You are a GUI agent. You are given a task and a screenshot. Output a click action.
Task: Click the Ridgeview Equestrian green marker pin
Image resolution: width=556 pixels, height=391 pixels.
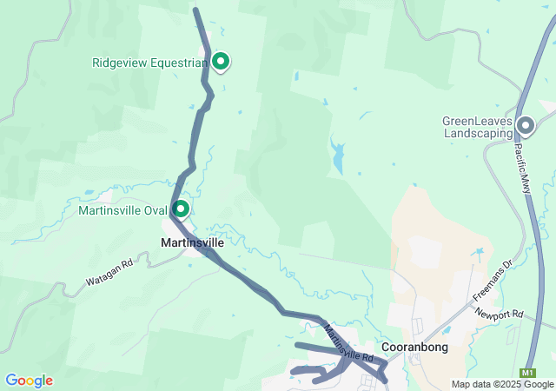[x=221, y=62]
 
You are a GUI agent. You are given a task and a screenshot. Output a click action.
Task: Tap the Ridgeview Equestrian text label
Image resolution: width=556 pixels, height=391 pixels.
[x=149, y=63]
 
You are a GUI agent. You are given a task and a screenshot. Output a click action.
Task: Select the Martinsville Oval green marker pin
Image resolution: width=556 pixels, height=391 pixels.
[x=182, y=209]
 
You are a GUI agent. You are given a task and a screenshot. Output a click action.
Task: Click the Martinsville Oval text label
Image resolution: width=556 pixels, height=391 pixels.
[x=122, y=210]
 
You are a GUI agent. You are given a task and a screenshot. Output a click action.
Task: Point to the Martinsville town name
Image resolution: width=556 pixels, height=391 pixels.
[x=193, y=242]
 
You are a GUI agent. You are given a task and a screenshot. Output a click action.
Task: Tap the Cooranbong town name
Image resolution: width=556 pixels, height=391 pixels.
[x=414, y=348]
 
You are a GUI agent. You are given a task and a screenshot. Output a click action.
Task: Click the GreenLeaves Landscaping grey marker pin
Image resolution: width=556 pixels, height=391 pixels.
[x=526, y=127]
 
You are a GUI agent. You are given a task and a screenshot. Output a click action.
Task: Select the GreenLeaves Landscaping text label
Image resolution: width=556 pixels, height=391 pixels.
[x=478, y=128]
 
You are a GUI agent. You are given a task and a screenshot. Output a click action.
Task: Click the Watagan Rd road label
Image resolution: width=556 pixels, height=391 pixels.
[x=109, y=271]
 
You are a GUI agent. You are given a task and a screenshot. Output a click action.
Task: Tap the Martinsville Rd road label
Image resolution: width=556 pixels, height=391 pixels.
[x=348, y=343]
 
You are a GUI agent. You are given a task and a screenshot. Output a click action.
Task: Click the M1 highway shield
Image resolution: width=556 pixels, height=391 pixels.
[x=529, y=372]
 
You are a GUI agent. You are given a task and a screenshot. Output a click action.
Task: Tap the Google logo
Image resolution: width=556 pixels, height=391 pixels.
[x=29, y=381]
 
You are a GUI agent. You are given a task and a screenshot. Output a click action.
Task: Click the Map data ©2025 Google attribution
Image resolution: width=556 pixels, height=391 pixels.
[x=502, y=384]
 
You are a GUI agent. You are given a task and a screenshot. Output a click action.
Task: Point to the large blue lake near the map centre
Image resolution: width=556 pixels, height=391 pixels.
[x=336, y=157]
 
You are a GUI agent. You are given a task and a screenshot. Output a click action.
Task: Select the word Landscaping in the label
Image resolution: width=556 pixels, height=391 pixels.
[x=479, y=134]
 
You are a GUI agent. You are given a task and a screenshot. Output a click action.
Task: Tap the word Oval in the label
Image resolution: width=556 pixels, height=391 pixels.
[x=154, y=210]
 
